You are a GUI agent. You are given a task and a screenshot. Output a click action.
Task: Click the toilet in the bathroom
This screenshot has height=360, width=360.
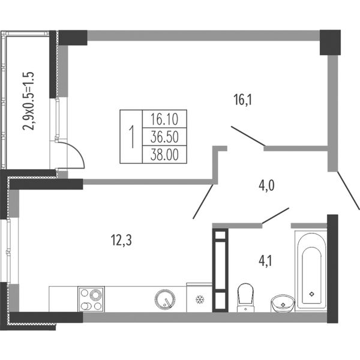(x=245, y=298)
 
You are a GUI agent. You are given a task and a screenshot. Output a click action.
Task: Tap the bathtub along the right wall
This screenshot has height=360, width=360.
(x=311, y=272)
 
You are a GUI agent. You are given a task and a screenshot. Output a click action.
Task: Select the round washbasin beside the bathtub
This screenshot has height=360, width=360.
(x=283, y=304)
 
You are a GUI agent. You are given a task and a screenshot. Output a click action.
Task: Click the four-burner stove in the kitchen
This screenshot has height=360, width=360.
(x=91, y=299)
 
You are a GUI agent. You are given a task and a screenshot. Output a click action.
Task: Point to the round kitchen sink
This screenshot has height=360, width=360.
(x=165, y=299)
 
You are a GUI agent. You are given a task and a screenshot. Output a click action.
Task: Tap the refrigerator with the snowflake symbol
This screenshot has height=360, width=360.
(x=199, y=298)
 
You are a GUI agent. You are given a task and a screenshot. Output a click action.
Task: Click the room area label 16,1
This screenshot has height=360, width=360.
(x=242, y=100)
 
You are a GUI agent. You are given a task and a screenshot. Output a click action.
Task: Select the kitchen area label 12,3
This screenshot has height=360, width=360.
(x=121, y=241)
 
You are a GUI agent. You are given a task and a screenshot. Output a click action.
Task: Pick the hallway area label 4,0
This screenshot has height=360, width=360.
(x=266, y=185)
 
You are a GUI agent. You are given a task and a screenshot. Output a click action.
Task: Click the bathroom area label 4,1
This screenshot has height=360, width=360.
(x=265, y=261)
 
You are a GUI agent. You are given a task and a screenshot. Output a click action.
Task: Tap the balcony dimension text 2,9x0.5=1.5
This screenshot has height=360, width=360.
(x=28, y=101)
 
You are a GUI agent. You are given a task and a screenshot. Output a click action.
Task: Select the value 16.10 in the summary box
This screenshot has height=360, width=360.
(x=164, y=119)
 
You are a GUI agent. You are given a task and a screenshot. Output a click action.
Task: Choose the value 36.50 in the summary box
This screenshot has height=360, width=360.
(x=164, y=137)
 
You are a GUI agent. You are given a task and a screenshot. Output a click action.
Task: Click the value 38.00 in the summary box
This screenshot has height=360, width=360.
(x=164, y=154)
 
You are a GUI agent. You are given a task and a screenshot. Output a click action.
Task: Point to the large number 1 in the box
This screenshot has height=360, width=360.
(x=131, y=137)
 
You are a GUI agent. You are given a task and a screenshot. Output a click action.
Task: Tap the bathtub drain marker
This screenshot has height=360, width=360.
(x=311, y=293)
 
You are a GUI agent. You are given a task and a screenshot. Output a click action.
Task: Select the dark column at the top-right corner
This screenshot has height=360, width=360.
(x=330, y=43)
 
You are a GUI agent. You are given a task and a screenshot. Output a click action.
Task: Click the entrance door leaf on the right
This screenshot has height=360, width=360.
(x=349, y=190)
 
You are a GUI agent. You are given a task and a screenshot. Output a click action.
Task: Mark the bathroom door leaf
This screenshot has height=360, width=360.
(x=275, y=215)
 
